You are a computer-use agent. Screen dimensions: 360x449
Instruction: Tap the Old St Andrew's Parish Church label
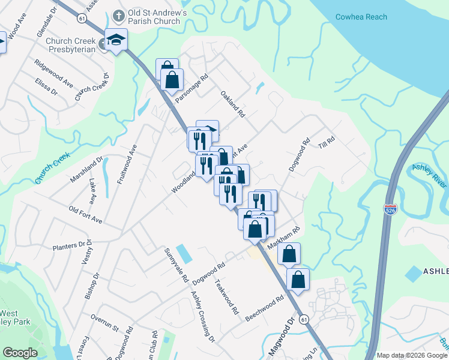(149, 17)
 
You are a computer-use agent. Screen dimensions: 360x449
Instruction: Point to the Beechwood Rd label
(264, 307)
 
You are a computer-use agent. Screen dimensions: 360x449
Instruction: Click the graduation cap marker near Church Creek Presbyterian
(116, 40)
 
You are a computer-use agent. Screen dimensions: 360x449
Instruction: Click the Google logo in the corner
(20, 353)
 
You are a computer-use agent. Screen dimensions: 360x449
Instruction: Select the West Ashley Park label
(15, 317)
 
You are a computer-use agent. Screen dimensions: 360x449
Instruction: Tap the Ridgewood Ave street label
(53, 70)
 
